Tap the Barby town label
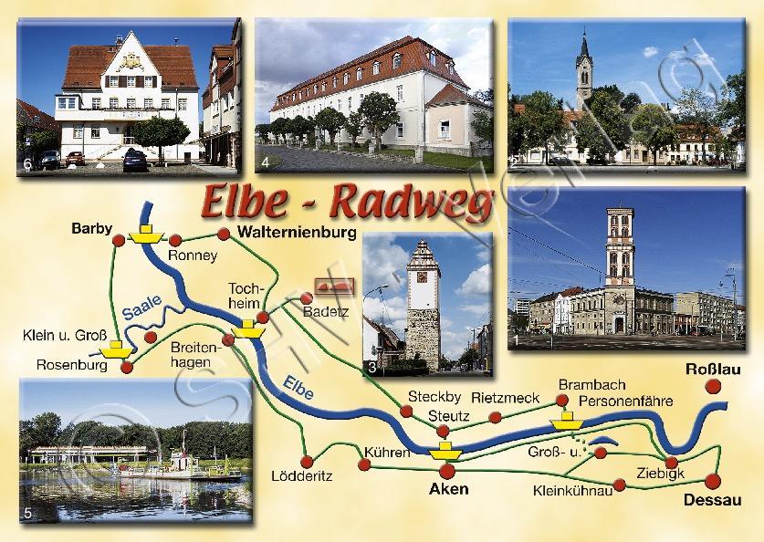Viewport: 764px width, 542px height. [x=90, y=230]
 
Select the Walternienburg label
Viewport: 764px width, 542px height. [x=295, y=233]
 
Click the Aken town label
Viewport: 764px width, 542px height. [x=448, y=489]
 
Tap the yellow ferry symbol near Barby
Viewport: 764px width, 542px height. [x=144, y=236]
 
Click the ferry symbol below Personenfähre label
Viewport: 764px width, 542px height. [x=567, y=421]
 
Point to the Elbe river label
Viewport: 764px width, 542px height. [x=298, y=388]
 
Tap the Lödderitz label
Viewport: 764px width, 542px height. [x=301, y=476]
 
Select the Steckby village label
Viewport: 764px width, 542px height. [x=430, y=397]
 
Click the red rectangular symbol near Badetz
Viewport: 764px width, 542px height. [x=332, y=287]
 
